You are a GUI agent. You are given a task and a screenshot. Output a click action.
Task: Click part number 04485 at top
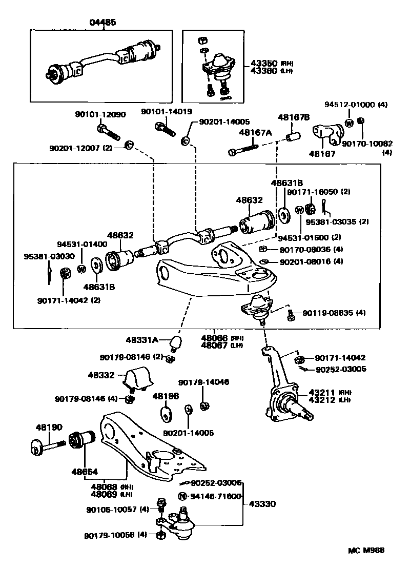pos(102,23)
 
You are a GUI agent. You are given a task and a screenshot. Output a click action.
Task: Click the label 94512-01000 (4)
pos(356,105)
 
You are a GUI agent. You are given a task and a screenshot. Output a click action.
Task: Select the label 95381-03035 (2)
pos(337,222)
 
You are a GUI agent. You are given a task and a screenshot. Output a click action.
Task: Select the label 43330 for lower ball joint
pos(262,504)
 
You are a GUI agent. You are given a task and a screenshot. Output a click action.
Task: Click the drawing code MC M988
pos(366,551)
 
